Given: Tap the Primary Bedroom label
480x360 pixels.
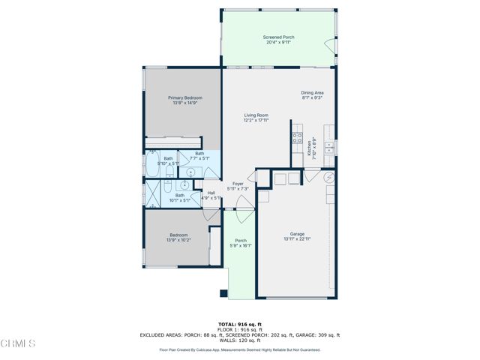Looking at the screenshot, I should (184, 97).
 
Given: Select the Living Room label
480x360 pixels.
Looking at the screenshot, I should (256, 115).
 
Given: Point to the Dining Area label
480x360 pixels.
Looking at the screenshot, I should (312, 92).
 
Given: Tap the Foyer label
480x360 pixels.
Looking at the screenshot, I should (238, 183).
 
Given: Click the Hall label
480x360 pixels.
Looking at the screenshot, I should (211, 193).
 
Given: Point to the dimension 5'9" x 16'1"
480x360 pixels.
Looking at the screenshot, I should (240, 245).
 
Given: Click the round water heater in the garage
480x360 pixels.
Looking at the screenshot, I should (328, 178).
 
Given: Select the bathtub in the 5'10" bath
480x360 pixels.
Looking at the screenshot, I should (152, 169).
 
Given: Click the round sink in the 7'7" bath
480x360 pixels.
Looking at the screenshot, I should (184, 182).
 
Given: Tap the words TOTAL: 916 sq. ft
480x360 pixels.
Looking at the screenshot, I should (239, 324).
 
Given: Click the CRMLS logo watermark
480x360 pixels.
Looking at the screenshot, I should (19, 343).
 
